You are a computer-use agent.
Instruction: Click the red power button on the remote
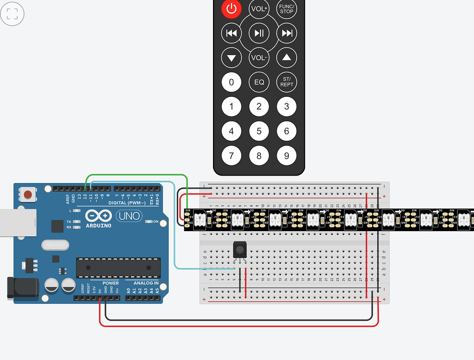(231, 8)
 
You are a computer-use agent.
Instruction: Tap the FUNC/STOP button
(287, 8)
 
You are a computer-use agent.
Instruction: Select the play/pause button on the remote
(259, 33)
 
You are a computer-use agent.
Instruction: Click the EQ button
(259, 82)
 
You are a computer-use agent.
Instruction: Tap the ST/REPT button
(287, 82)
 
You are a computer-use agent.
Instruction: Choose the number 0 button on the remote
(231, 82)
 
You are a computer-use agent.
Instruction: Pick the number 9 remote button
(287, 156)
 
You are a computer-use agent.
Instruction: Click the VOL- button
(259, 57)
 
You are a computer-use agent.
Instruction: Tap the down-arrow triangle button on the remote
(231, 58)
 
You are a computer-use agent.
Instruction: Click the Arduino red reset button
(29, 194)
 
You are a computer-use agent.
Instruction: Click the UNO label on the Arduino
(128, 216)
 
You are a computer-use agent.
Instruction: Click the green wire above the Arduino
(139, 176)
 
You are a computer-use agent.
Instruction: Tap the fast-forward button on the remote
(287, 33)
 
